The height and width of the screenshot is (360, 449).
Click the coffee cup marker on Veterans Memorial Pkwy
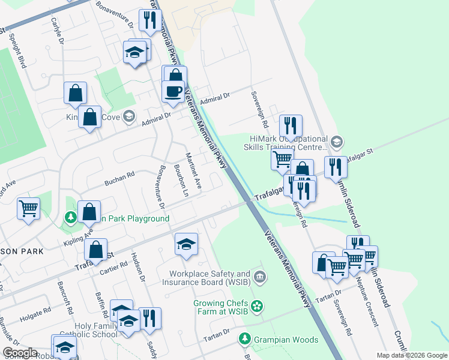click(x=173, y=92)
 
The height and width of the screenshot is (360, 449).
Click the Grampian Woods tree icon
click(x=245, y=340)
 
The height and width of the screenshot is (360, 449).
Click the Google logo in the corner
click(x=20, y=353)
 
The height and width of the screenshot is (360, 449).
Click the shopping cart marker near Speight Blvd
click(x=28, y=209)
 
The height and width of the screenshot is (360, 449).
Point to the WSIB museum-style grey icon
click(x=259, y=277)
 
